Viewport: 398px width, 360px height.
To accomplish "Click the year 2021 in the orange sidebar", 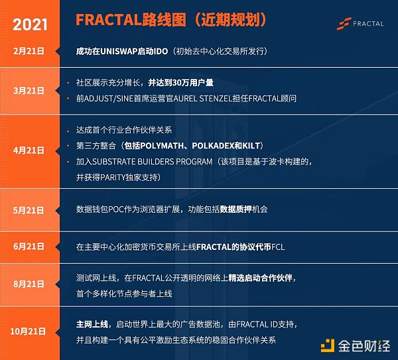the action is point(30,25).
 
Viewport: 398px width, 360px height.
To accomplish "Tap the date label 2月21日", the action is point(29,51).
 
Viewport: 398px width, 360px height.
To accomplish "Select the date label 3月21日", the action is point(29,91).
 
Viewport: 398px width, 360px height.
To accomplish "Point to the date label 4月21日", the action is point(29,150).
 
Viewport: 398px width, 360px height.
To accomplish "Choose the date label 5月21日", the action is point(29,210).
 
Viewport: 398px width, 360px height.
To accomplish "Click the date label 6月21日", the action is point(29,247).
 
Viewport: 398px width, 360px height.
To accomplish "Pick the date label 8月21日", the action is point(29,284).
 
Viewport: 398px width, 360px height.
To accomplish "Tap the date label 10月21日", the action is point(28,331).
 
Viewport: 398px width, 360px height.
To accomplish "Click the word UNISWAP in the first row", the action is point(119,52).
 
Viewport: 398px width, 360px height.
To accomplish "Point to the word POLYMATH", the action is point(162,146).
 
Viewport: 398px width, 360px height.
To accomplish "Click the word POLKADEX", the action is point(213,146).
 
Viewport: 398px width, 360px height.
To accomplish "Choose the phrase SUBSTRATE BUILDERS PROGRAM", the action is point(152,162).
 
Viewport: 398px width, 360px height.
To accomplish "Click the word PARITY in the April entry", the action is point(113,177).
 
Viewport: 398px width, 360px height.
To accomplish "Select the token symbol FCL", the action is point(278,247).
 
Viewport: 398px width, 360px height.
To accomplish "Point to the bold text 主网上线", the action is point(92,324).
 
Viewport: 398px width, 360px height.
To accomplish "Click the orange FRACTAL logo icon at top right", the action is point(344,24).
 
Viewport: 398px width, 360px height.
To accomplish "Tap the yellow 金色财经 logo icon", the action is point(328,345).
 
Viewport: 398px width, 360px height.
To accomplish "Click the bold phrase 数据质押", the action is point(235,210).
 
